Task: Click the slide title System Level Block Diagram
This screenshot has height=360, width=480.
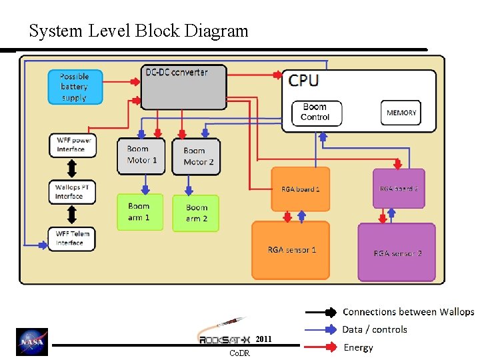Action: point(139,31)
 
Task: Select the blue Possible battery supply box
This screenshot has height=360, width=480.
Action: point(76,87)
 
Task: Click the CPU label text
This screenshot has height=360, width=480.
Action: point(303,81)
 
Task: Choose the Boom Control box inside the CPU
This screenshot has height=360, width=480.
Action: point(315,112)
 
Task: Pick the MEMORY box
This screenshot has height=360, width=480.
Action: point(401,113)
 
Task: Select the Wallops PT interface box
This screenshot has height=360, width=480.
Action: point(73,192)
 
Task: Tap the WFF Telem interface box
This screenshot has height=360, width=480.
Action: point(72,239)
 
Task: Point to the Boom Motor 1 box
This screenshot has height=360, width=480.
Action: point(141,156)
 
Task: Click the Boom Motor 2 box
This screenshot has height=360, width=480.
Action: point(197,157)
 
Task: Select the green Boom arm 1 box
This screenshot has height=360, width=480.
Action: point(140,212)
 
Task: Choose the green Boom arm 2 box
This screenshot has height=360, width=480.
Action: point(196,213)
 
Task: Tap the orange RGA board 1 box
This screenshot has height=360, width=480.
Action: point(301,189)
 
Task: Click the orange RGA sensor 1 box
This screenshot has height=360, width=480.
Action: point(291,250)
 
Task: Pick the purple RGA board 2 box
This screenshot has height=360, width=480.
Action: point(399,189)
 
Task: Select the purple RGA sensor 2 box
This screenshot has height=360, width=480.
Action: point(397,253)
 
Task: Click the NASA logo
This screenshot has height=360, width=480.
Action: point(32,342)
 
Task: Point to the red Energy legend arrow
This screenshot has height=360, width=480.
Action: point(321,347)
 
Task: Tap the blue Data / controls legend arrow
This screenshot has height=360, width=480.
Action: point(321,329)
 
